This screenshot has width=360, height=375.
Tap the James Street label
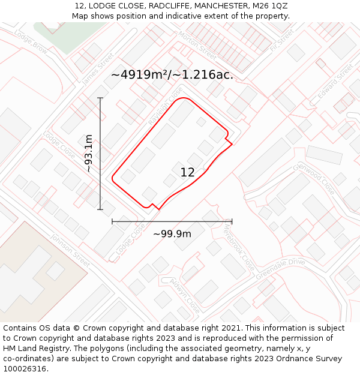click(x=97, y=68)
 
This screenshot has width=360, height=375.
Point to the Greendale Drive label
click(x=280, y=269)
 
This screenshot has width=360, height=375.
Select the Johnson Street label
click(x=70, y=250)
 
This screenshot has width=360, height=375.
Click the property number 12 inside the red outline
click(x=187, y=173)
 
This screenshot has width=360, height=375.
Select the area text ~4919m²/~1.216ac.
click(x=172, y=75)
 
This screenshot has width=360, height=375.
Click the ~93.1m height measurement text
click(x=89, y=154)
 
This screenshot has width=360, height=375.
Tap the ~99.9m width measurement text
click(x=172, y=234)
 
